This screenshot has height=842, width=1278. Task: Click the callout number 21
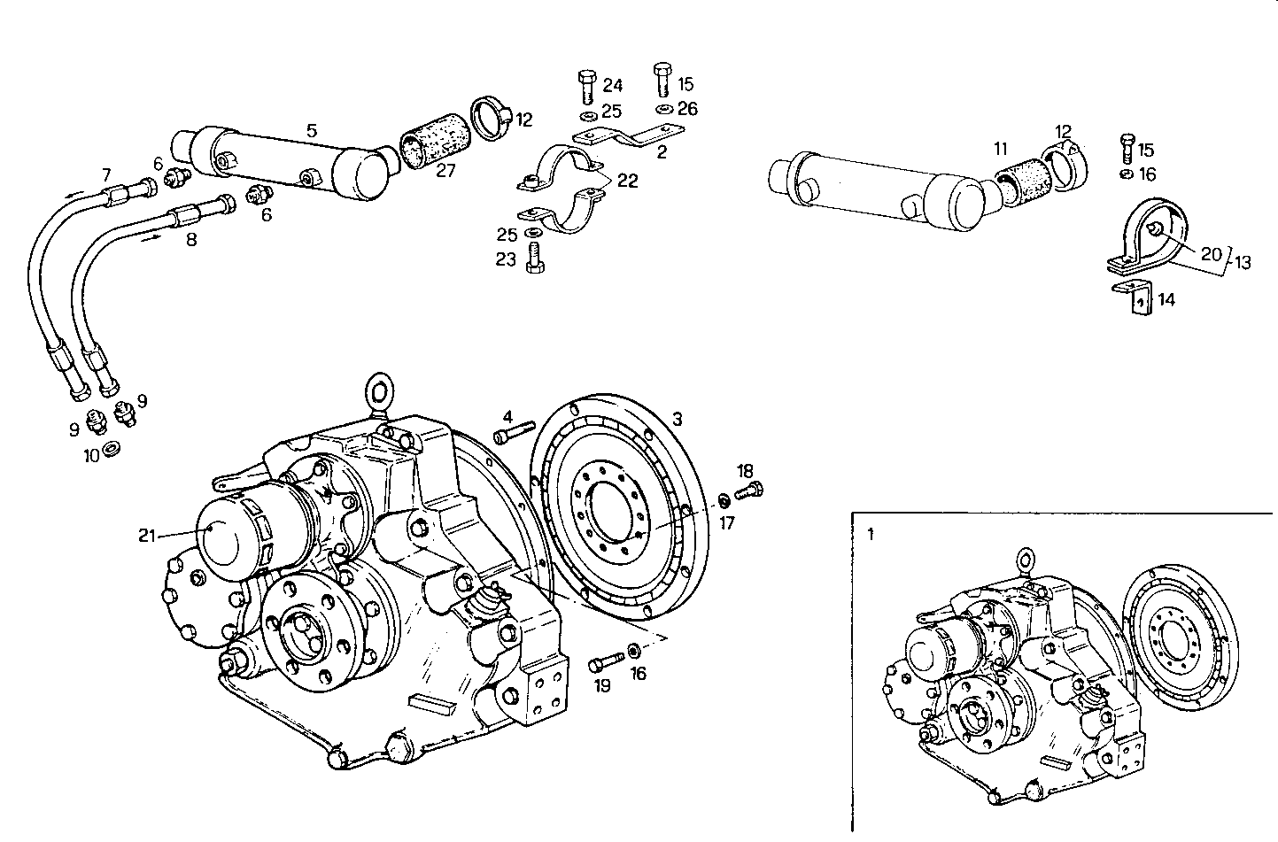pos(147,534)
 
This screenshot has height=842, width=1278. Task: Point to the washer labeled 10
pos(112,448)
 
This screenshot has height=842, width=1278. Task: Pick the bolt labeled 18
pos(749,490)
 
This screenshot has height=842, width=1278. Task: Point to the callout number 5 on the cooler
pos(311,130)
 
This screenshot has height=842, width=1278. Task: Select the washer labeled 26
pos(662,109)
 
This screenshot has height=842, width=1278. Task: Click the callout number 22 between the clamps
pos(627,181)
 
